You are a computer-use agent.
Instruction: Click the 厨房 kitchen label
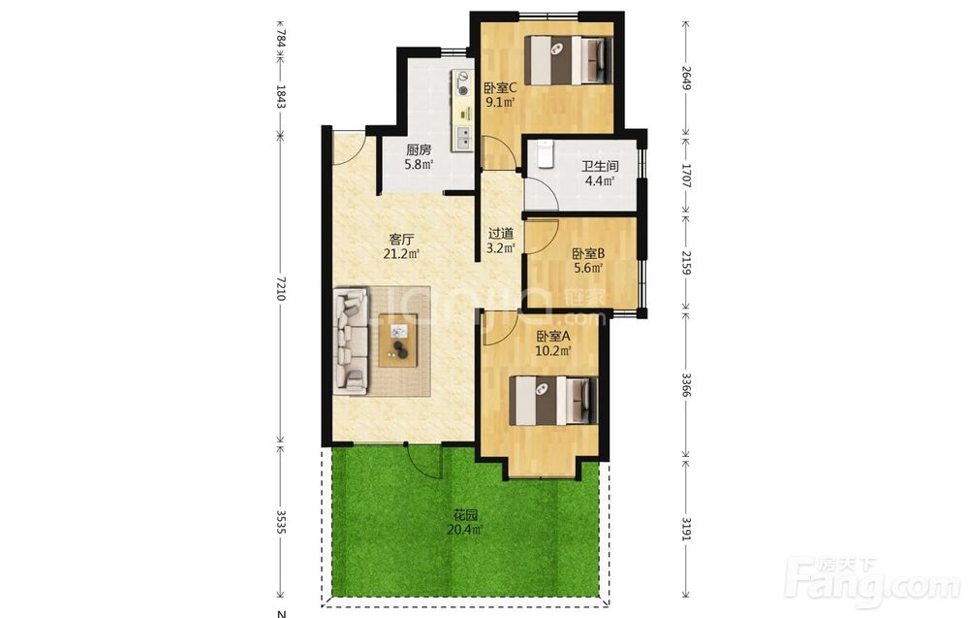pyautogui.click(x=419, y=150)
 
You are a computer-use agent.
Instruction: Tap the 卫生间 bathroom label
pyautogui.click(x=600, y=167)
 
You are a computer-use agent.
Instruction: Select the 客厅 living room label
pyautogui.click(x=401, y=240)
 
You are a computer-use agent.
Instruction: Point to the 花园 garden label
pyautogui.click(x=465, y=515)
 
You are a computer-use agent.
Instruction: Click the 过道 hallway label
pyautogui.click(x=501, y=234)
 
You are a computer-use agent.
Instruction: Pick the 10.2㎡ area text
pyautogui.click(x=552, y=351)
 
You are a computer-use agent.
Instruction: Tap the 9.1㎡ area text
pyautogui.click(x=499, y=102)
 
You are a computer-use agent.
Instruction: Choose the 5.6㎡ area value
pyautogui.click(x=588, y=268)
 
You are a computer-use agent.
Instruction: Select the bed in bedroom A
pyautogui.click(x=553, y=401)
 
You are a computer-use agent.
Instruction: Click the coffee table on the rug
pyautogui.click(x=398, y=341)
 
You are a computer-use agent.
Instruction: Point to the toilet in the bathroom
pyautogui.click(x=545, y=154)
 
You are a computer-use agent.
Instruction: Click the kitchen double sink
pyautogui.click(x=462, y=138)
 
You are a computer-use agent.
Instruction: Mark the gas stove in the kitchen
pyautogui.click(x=462, y=84)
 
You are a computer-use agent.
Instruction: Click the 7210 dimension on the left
pyautogui.click(x=281, y=288)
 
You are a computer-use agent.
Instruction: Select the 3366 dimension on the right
pyautogui.click(x=685, y=385)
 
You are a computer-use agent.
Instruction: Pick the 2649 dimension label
pyautogui.click(x=685, y=78)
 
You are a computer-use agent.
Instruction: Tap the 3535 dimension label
pyautogui.click(x=281, y=522)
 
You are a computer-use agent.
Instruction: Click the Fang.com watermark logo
pyautogui.click(x=873, y=581)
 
